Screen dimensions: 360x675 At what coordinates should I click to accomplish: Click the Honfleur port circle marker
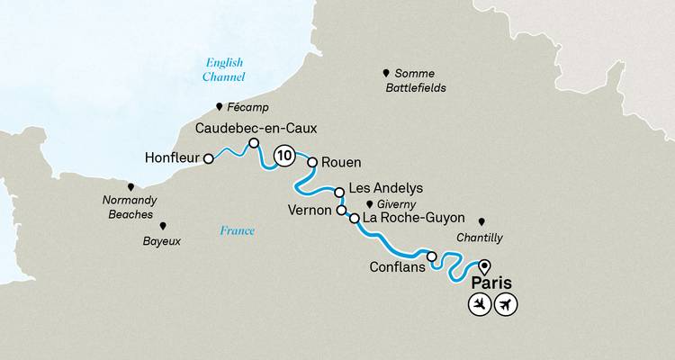(x=209, y=158)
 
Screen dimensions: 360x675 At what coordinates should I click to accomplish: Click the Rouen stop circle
(x=313, y=163)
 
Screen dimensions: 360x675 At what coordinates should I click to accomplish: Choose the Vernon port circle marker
(x=341, y=211)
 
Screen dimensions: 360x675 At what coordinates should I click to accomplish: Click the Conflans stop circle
(x=432, y=257)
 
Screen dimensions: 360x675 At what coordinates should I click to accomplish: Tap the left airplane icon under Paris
(x=479, y=305)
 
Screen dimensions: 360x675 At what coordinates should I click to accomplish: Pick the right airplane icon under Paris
(x=508, y=305)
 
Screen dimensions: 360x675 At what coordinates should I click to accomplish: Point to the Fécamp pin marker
(x=219, y=105)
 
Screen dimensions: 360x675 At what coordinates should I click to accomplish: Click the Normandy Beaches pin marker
(x=130, y=186)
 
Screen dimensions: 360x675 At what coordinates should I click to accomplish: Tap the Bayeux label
(x=162, y=241)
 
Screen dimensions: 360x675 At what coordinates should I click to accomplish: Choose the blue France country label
(x=237, y=231)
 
